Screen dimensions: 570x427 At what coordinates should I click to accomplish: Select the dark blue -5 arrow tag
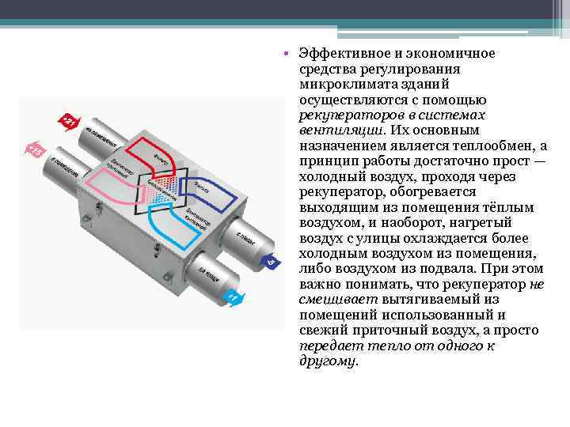point(269,260)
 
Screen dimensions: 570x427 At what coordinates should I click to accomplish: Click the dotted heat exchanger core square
point(162,187)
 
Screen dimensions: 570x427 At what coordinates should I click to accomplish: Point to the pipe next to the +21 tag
point(99,139)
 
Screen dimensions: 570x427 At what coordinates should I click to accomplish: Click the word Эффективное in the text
point(342,53)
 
